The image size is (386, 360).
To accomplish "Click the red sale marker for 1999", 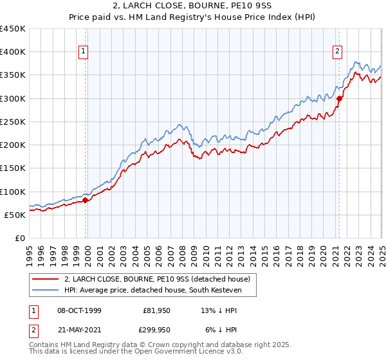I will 85,200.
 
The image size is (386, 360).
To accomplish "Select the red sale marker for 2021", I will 340,98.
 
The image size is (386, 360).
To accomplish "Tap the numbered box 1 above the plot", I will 84,53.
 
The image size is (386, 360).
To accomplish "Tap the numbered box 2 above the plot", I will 338,53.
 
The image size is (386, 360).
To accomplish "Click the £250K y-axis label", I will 13,122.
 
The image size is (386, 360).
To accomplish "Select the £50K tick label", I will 15,215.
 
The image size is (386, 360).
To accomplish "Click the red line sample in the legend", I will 46,278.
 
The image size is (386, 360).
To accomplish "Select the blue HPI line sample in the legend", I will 46,291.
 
